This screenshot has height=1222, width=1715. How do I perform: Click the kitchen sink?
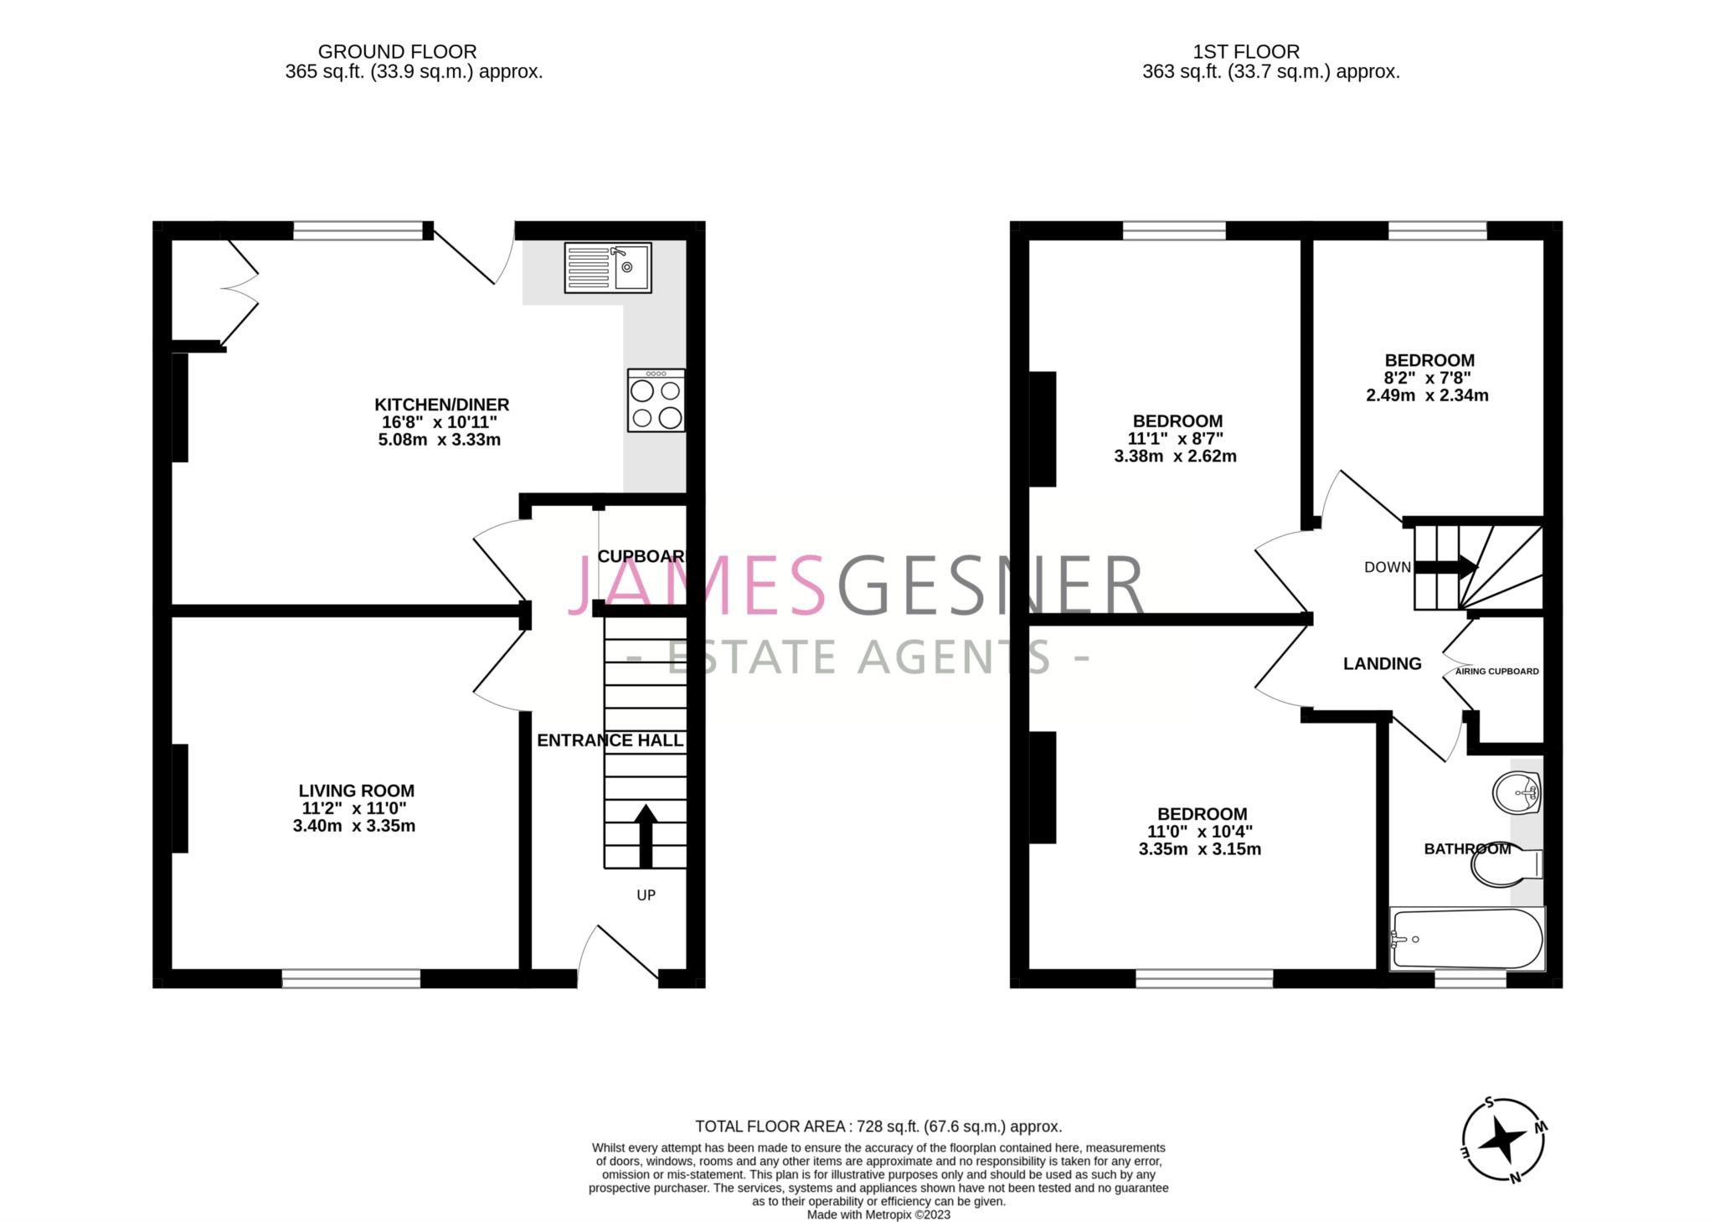coord(607,267)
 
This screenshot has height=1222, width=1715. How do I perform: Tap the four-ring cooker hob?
coord(656,401)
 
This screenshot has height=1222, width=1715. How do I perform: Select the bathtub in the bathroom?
coord(1466,939)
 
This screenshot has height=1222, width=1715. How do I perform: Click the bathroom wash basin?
coord(1517,791)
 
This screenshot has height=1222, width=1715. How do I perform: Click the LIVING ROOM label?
coord(356,791)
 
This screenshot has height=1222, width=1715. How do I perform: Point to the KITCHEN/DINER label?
coord(441,405)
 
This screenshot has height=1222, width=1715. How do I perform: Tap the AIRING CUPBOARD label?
coord(1496,672)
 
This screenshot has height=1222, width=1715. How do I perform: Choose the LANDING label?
coord(1382,664)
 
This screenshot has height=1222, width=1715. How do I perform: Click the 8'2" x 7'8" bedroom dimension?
coord(1428,378)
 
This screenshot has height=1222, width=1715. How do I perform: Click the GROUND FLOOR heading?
coord(397,52)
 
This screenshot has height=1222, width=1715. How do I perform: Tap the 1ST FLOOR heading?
coord(1246,52)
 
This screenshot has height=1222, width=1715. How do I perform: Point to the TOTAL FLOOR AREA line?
coord(878,1127)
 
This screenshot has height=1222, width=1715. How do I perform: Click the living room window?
coord(351,978)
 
